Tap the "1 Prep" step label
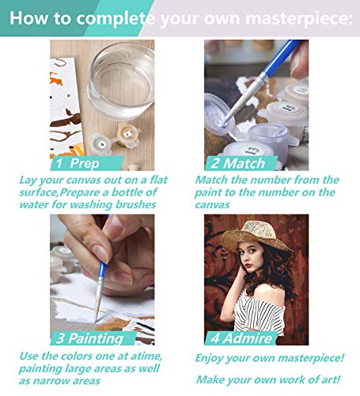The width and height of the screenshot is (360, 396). coord(78,163)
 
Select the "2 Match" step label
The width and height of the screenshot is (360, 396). coord(237,163)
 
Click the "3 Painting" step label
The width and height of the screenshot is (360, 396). coord(90,338)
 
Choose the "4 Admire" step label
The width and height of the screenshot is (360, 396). coord(241,338)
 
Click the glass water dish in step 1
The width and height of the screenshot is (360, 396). coord(121,79)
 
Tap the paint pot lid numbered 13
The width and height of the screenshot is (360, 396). coord(248,150)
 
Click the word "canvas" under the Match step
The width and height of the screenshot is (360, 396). coord(212,205)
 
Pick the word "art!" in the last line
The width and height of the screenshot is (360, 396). coord(331,379)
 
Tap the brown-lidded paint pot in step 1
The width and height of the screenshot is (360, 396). coord(127,135)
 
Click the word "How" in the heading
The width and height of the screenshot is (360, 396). coord(28,18)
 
